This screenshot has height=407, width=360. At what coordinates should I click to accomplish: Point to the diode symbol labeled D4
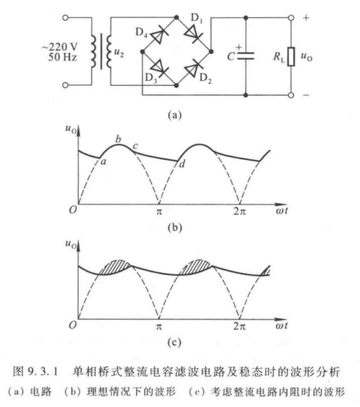159,34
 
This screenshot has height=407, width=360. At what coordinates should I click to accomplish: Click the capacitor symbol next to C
246,56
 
